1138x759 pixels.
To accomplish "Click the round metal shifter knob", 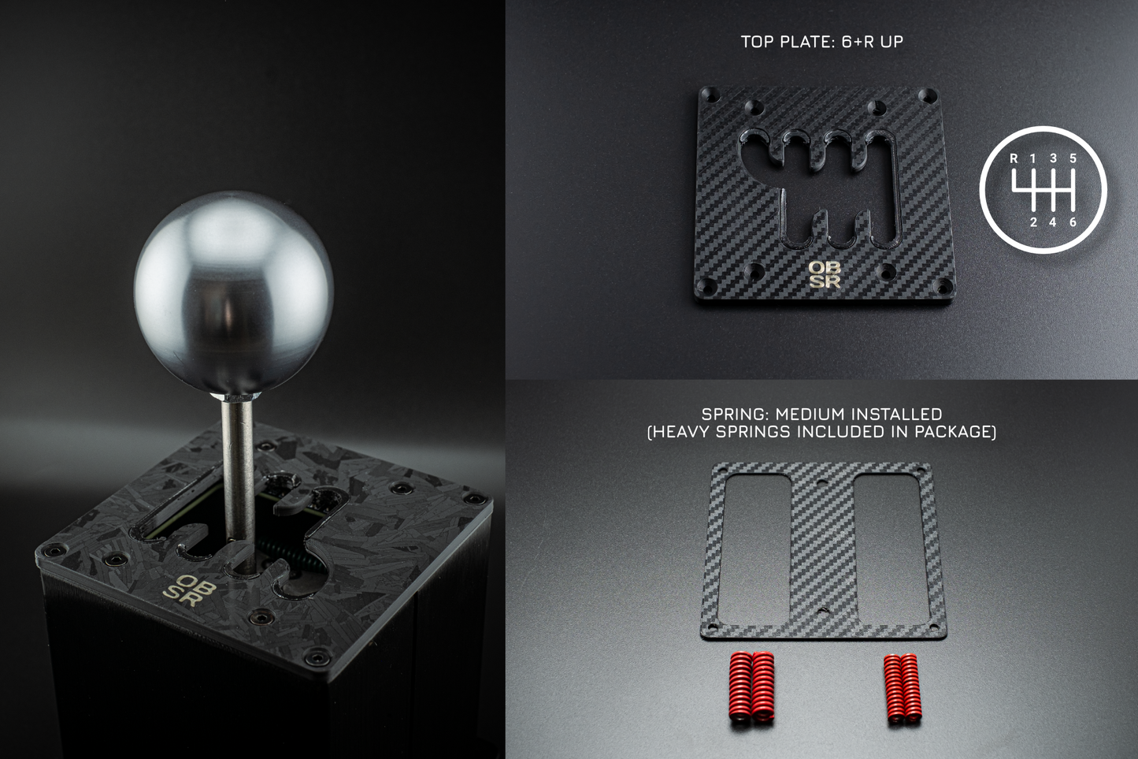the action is [234, 292].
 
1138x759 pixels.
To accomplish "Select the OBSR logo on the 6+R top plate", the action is [824, 275].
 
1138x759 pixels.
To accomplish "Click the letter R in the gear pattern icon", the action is [1014, 158].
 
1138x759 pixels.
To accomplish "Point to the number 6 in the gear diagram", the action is [1073, 222].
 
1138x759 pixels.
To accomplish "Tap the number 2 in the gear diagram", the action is [1033, 222].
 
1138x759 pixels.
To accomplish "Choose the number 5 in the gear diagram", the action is [1073, 158].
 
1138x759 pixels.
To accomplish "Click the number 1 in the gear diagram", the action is [1032, 158].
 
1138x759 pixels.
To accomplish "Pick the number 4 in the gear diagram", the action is [1053, 222].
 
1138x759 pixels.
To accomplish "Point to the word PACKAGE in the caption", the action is [953, 432].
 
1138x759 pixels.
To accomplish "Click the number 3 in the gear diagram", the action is [1053, 158].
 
